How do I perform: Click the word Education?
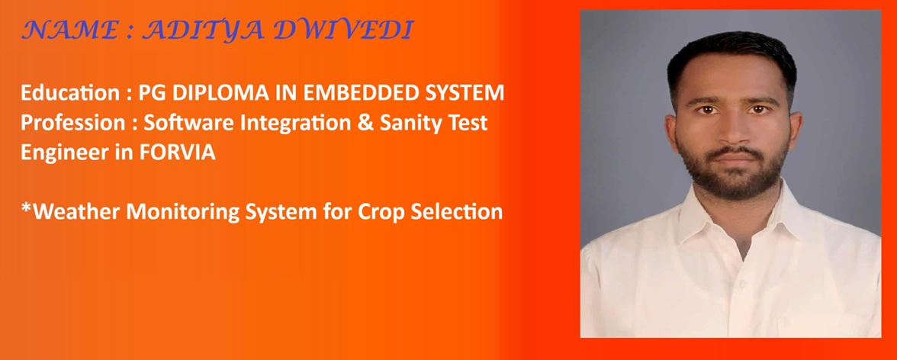[70, 93]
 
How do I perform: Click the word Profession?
[72, 123]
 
